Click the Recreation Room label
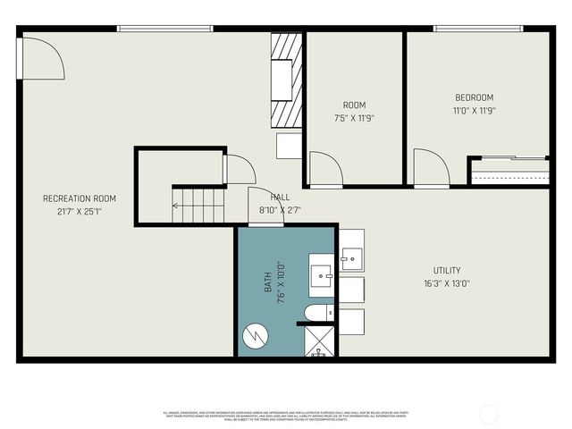80,198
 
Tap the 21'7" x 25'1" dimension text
80,212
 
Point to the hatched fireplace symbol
286,80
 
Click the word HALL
280,198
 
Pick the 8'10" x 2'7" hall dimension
280,210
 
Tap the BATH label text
266,284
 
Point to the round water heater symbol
256,335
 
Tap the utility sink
351,258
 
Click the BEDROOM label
475,97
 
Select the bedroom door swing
432,167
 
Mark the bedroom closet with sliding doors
509,170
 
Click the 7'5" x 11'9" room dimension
354,117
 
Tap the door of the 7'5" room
324,167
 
